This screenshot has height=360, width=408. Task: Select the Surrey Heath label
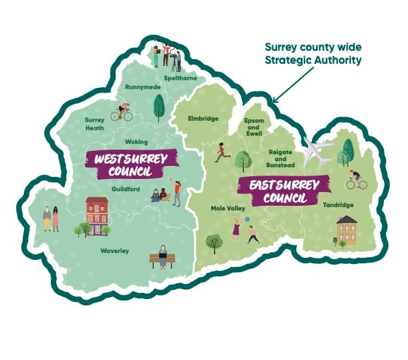tap(95, 123)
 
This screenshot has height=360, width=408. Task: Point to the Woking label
tap(136, 141)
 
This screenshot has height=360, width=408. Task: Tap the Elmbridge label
tap(203, 119)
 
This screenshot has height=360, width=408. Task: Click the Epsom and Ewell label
tap(254, 127)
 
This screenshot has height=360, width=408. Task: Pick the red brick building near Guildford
tap(97, 211)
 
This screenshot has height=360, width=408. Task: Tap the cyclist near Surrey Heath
tap(123, 112)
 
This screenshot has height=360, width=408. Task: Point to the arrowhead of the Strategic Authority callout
tap(276, 101)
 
